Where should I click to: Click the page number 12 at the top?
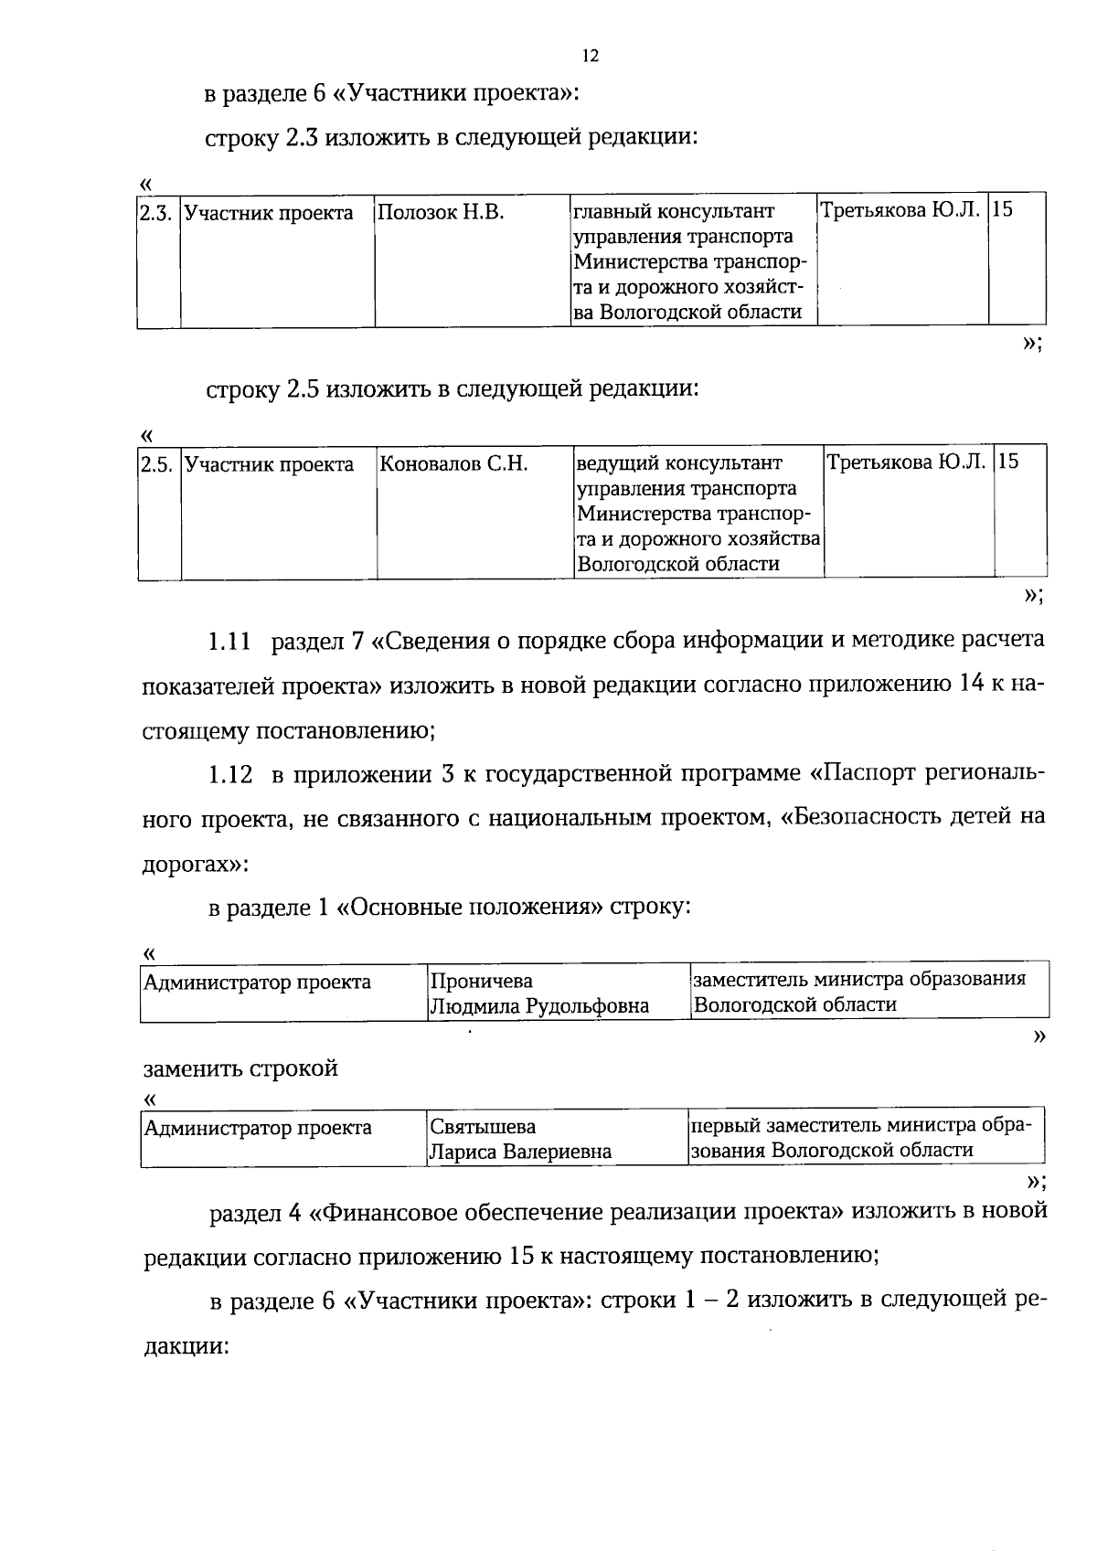pyautogui.click(x=590, y=57)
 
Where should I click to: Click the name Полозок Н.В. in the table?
pyautogui.click(x=441, y=213)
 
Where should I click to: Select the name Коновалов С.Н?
pyautogui.click(x=453, y=464)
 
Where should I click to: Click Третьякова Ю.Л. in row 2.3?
pyautogui.click(x=900, y=210)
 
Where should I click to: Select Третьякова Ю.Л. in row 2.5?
pyautogui.click(x=906, y=462)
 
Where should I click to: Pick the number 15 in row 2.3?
pyautogui.click(x=1003, y=209)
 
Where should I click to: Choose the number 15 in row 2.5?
pyautogui.click(x=1008, y=461)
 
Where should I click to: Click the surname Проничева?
pyautogui.click(x=481, y=982)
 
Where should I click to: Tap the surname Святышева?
pyautogui.click(x=483, y=1127)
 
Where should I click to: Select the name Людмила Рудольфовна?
pyautogui.click(x=539, y=1006)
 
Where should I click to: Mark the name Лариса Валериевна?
pyautogui.click(x=520, y=1152)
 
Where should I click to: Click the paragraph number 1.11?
pyautogui.click(x=229, y=643)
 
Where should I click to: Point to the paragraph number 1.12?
pyautogui.click(x=230, y=776)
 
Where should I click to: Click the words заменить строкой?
pyautogui.click(x=240, y=1068)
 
